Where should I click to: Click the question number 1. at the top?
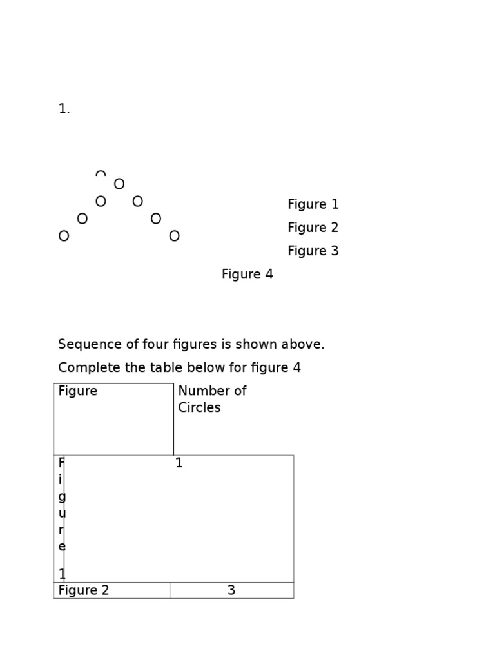click(64, 109)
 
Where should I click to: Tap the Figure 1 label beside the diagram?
click(313, 204)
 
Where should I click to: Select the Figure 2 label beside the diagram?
click(313, 228)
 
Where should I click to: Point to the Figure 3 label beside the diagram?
click(313, 251)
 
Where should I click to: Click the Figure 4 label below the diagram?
click(247, 275)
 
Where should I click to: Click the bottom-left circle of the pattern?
click(64, 236)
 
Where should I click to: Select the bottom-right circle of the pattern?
click(174, 236)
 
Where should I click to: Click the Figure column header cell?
click(113, 419)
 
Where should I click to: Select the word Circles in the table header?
click(199, 407)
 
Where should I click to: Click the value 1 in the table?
click(179, 463)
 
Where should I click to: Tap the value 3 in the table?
click(231, 590)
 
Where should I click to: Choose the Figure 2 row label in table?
click(83, 590)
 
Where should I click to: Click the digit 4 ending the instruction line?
click(296, 368)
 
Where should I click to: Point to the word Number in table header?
click(200, 391)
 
